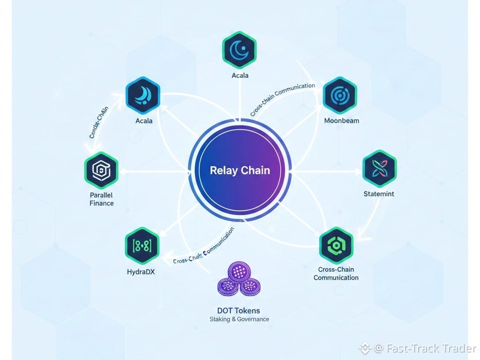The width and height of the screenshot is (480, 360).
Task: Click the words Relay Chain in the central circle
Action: (240, 170)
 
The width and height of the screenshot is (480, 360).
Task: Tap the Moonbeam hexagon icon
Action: (340, 95)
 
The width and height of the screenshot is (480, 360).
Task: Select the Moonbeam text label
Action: (342, 120)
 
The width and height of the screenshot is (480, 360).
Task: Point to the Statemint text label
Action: (379, 194)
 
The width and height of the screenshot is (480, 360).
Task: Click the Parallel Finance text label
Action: (101, 199)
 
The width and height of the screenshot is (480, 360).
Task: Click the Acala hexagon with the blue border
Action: (143, 95)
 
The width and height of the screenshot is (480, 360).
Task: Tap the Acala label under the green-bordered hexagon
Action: (240, 75)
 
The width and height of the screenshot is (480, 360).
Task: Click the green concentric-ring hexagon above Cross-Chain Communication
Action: (336, 244)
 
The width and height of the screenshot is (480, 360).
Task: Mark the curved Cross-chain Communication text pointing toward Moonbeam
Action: (283, 99)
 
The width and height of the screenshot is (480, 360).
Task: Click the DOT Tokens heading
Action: (239, 310)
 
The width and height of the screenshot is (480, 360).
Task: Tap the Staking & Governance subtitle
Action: (239, 319)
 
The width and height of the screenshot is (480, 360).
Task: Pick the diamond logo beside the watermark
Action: (365, 348)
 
